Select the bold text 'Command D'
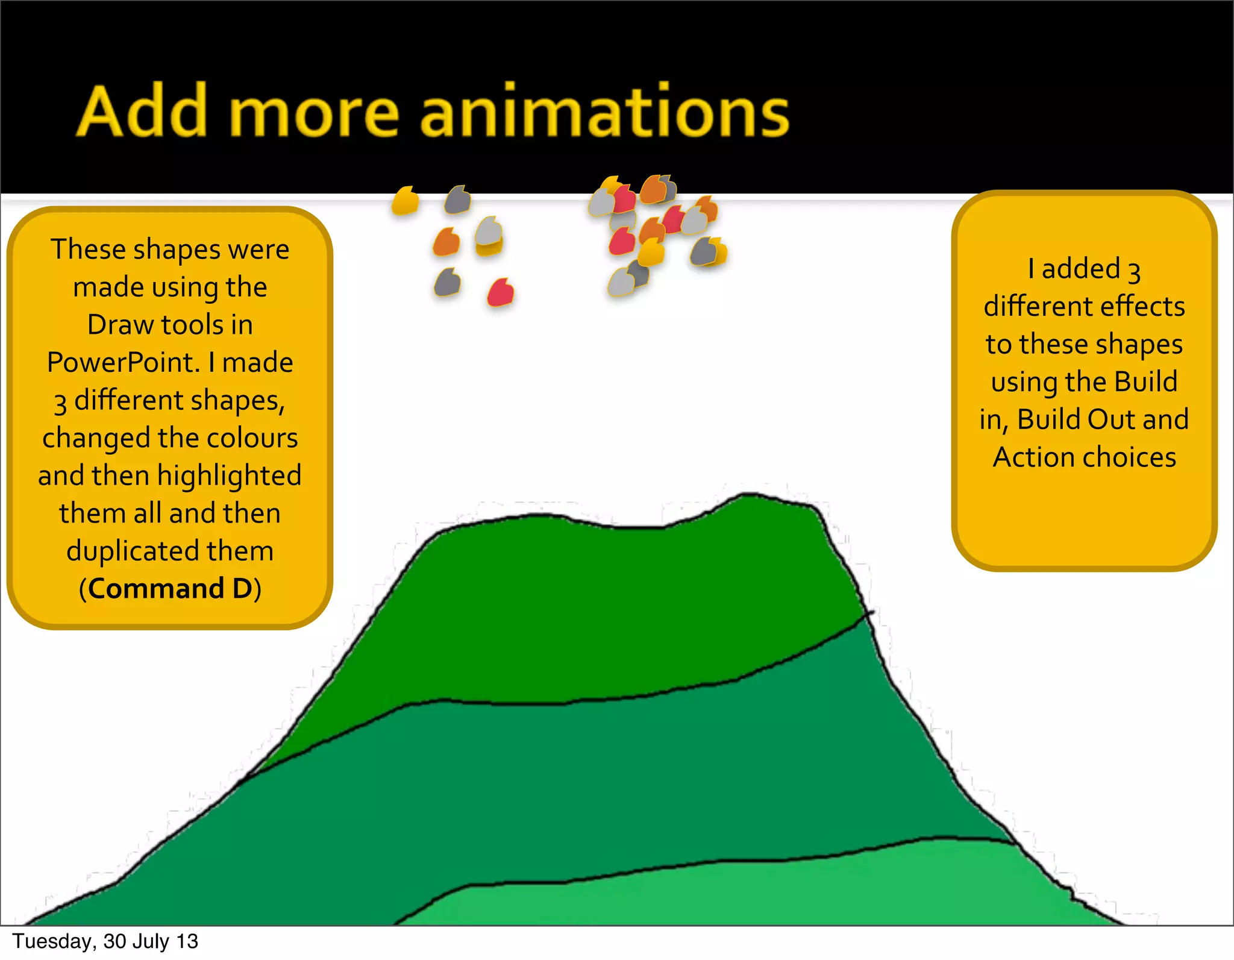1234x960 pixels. pos(171,589)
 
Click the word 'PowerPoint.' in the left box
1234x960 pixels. pos(123,362)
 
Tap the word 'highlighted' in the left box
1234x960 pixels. pos(229,476)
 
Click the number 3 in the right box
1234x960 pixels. pos(1134,272)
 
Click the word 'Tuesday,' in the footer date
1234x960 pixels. pos(54,941)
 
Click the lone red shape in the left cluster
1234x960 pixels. pos(500,293)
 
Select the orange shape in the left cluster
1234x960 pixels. pos(446,242)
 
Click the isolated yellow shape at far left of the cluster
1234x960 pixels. pos(405,200)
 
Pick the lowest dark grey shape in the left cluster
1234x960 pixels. pos(447,282)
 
